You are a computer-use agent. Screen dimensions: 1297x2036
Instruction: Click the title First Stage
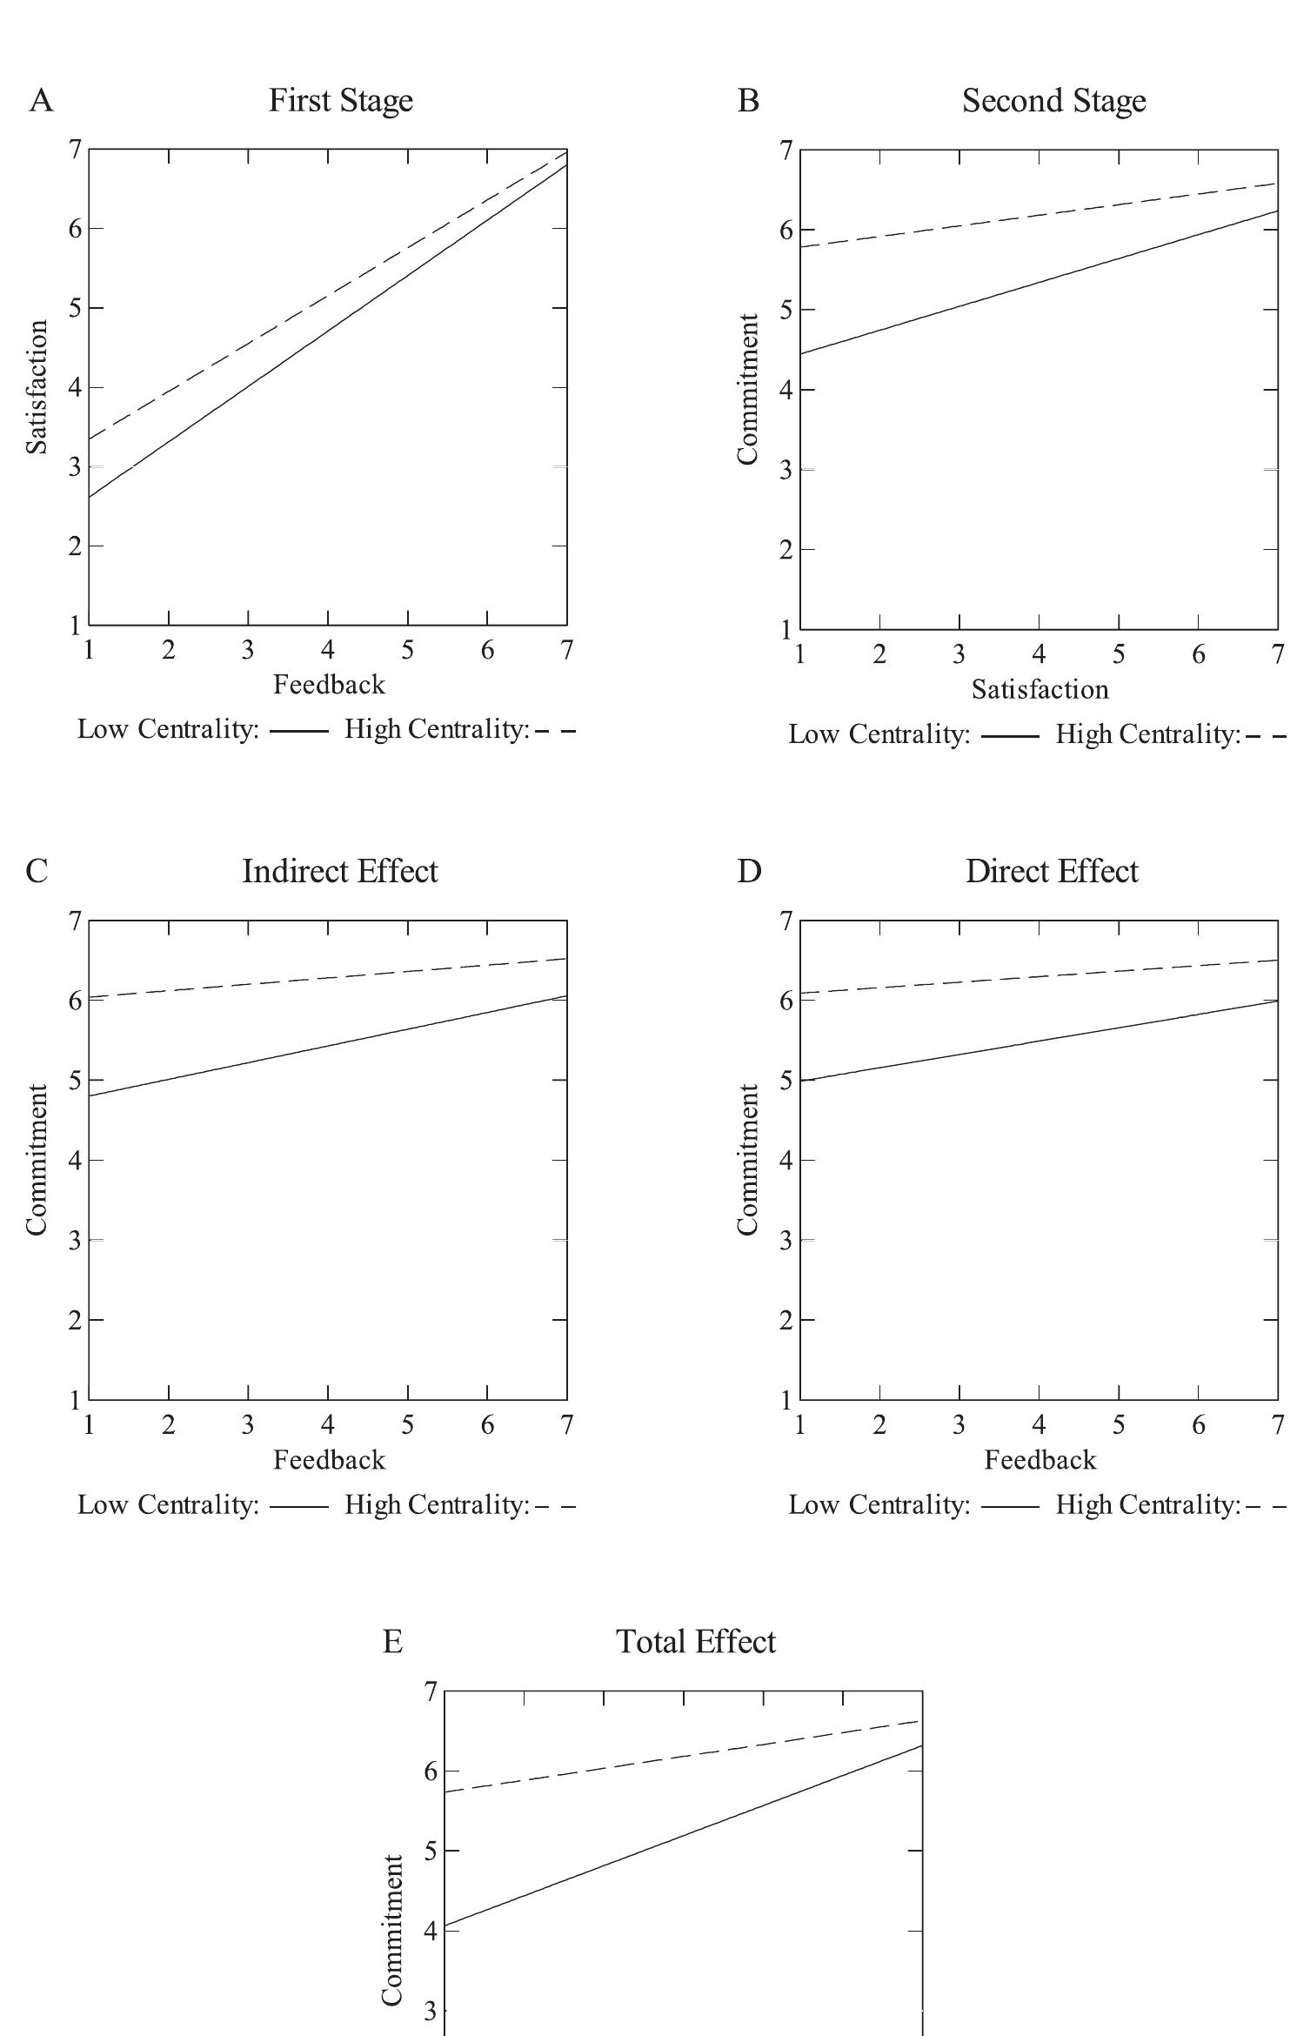(x=340, y=101)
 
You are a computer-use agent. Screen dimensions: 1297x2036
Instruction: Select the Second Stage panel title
(x=1053, y=101)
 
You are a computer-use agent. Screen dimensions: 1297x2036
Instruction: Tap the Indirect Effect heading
(x=339, y=871)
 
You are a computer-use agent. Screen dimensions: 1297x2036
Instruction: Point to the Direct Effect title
(x=1052, y=871)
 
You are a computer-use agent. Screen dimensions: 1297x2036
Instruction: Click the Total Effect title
(x=696, y=1642)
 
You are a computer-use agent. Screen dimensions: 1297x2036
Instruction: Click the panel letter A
(x=41, y=101)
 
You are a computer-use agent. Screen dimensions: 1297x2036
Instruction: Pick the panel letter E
(x=392, y=1642)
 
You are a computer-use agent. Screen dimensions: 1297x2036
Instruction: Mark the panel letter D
(x=749, y=871)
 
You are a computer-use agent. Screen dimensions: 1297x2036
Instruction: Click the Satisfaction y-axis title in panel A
(x=37, y=386)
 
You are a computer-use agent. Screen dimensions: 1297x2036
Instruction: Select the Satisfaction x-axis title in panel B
(x=1040, y=690)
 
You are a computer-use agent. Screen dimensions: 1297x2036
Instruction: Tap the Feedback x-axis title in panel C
(x=329, y=1459)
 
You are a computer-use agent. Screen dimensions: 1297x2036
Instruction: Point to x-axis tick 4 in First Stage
(x=328, y=650)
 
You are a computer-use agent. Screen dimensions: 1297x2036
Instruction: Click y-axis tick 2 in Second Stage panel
(x=786, y=549)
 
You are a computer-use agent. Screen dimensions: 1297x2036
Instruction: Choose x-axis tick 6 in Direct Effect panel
(x=1199, y=1424)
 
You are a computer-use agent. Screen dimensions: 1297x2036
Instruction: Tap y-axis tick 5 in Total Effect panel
(x=430, y=1851)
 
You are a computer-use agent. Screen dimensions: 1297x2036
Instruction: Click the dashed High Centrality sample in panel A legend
(x=555, y=731)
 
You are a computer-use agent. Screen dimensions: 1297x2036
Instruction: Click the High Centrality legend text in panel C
(x=437, y=1504)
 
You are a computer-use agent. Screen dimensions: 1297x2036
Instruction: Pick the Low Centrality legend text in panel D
(x=879, y=1504)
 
